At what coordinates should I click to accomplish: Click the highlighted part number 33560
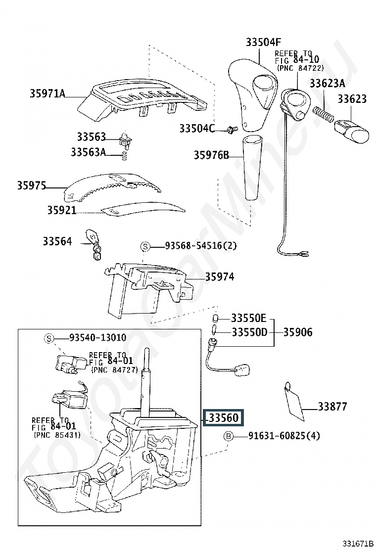[224, 417]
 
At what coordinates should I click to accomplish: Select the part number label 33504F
[263, 42]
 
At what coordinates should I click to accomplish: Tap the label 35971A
[47, 93]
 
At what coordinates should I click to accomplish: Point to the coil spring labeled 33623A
[323, 115]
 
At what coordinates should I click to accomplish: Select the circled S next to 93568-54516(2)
[145, 247]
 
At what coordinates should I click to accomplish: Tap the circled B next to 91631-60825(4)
[229, 436]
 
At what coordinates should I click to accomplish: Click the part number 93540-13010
[98, 337]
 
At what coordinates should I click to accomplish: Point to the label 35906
[298, 332]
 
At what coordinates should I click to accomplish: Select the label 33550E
[249, 318]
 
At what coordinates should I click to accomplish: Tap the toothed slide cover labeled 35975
[113, 187]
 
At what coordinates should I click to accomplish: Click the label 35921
[62, 210]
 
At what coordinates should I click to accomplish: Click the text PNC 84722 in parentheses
[301, 68]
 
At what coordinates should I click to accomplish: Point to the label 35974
[220, 276]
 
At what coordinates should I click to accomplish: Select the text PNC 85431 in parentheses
[57, 435]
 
